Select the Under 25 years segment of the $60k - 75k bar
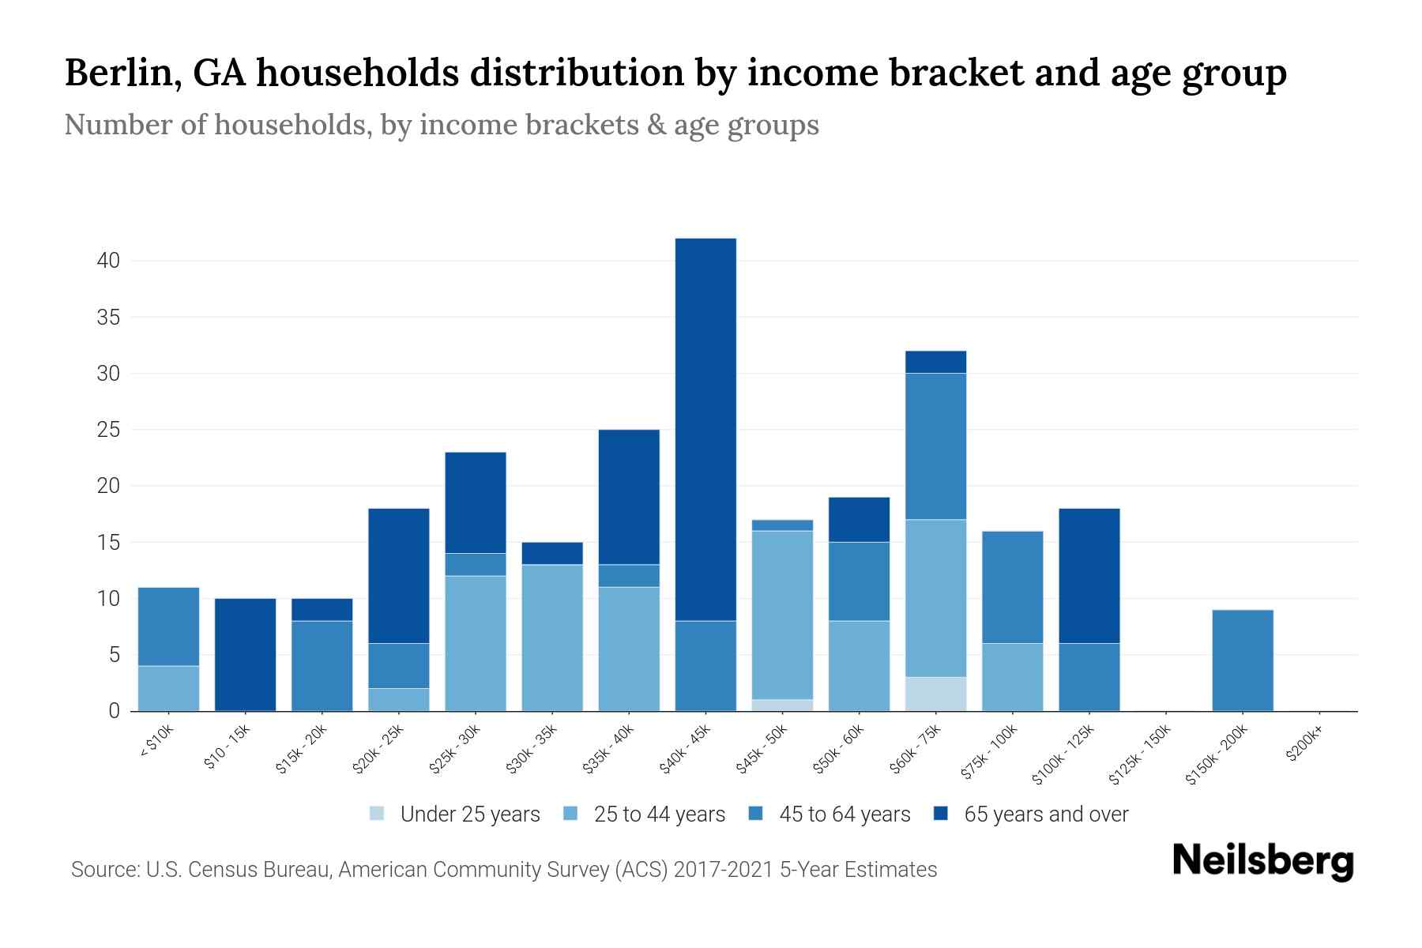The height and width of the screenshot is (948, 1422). click(935, 694)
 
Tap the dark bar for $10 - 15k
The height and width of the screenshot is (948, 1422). click(245, 654)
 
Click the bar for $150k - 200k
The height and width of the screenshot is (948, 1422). click(1243, 660)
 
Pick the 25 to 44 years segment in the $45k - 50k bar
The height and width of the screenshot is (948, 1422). click(782, 615)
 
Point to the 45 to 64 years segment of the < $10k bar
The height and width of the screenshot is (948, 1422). click(168, 626)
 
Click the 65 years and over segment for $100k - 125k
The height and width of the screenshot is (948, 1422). click(1089, 575)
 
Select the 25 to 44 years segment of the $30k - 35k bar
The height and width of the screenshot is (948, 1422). click(552, 638)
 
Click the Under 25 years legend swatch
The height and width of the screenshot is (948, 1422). click(378, 814)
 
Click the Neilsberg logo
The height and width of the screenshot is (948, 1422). click(1262, 861)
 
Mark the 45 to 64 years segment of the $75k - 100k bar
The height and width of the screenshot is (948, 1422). click(1012, 586)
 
